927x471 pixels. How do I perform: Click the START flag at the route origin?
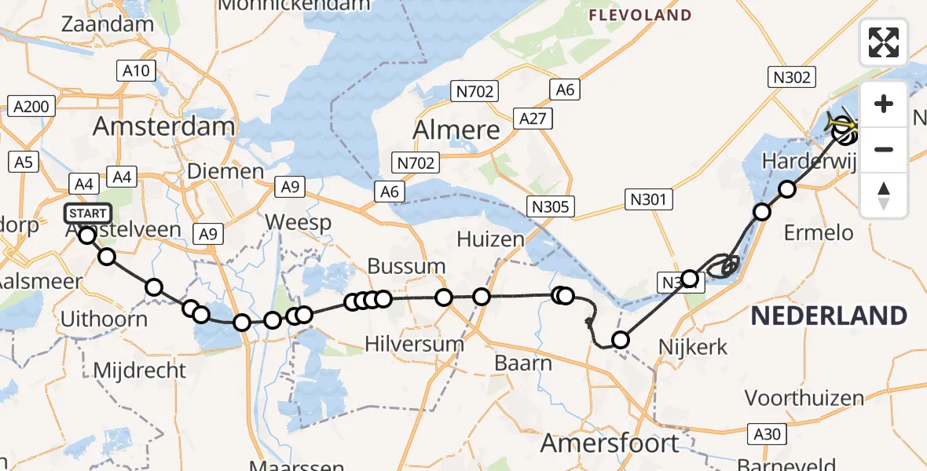[88, 214]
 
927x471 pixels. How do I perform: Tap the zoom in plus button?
[884, 104]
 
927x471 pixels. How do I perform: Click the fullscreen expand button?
[884, 42]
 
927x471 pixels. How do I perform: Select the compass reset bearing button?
[884, 195]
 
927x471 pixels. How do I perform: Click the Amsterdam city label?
[164, 127]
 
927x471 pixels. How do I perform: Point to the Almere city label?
[456, 130]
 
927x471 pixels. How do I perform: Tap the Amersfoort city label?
[610, 443]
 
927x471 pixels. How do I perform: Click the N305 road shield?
[551, 206]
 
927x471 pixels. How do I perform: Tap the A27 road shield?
[533, 119]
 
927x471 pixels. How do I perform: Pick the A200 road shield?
[32, 106]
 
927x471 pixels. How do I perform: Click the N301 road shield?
[648, 199]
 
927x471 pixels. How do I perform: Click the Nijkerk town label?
[693, 346]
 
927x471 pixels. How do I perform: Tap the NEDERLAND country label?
[829, 316]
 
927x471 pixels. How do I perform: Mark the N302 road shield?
[790, 77]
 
